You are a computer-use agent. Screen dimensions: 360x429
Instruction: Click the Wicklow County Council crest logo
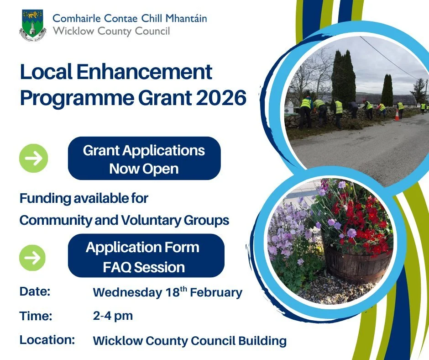pyautogui.click(x=32, y=26)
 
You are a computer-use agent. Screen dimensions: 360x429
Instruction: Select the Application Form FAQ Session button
pyautogui.click(x=144, y=257)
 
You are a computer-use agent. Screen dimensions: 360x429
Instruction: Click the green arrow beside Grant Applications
pyautogui.click(x=33, y=158)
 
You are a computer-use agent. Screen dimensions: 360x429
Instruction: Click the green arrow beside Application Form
pyautogui.click(x=32, y=257)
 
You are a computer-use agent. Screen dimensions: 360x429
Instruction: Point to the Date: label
pyautogui.click(x=35, y=291)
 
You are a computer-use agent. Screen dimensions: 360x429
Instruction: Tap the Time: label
pyautogui.click(x=36, y=316)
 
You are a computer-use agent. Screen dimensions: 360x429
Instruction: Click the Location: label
pyautogui.click(x=47, y=340)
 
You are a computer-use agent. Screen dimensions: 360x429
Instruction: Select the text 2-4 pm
pyautogui.click(x=113, y=316)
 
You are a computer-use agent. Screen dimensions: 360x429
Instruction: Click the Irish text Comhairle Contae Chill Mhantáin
pyautogui.click(x=130, y=19)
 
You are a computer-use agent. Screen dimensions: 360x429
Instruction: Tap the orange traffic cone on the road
pyautogui.click(x=397, y=115)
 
